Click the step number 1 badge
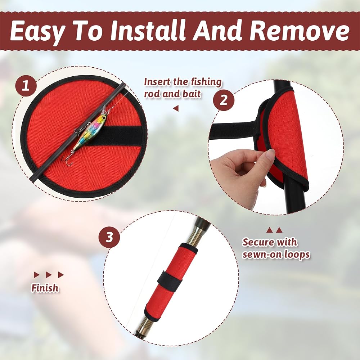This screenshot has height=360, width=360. point(26,86)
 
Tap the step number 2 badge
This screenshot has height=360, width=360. point(224,100)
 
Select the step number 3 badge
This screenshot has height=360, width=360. point(109,237)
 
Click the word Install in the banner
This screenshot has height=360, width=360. point(148,31)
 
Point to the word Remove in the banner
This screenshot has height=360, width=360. point(300,31)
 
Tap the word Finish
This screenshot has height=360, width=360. point(45,288)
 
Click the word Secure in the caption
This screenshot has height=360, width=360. point(258,242)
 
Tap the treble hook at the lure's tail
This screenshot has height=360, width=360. point(67,158)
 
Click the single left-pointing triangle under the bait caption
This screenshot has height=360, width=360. point(176,108)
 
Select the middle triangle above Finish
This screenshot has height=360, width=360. point(49,275)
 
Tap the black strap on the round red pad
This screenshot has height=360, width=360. point(115,136)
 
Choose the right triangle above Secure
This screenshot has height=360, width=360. point(279,230)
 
